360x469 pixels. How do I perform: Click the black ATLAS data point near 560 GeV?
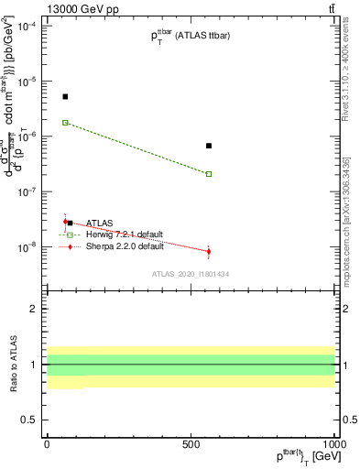209,146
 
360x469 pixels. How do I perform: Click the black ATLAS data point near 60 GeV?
65,96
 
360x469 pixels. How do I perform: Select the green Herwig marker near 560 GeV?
209,174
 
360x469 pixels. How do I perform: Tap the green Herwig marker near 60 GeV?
65,123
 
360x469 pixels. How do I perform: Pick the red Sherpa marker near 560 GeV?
209,251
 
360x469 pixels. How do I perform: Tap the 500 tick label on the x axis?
191,444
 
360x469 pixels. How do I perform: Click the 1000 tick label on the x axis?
333,444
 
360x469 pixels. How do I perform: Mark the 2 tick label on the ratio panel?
34,309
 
